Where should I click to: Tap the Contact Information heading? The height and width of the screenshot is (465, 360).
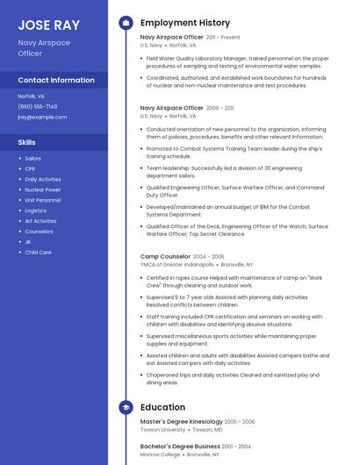[56, 80]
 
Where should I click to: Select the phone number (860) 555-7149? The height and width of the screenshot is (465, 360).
[38, 106]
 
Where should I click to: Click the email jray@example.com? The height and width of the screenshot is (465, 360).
[42, 117]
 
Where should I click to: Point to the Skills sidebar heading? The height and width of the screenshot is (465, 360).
[27, 141]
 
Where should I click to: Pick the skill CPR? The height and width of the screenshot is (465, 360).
[30, 168]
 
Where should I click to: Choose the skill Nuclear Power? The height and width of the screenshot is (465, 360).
[43, 190]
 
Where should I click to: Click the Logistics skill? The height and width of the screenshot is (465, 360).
[36, 211]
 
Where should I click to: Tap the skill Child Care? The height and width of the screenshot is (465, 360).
[38, 253]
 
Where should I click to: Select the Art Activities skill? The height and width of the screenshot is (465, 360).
[40, 221]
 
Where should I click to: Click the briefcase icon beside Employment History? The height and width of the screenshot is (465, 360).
[126, 23]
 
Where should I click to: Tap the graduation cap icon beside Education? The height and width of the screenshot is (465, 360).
[126, 407]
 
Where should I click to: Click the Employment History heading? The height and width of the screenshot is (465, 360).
[185, 23]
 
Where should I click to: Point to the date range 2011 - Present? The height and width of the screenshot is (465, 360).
[223, 38]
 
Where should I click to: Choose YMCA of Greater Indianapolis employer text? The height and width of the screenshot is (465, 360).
[176, 264]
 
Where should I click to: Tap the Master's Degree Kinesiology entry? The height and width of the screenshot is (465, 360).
[181, 422]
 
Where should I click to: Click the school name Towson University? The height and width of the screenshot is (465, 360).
[162, 430]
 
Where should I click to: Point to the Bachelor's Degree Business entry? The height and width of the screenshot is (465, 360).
[180, 447]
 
